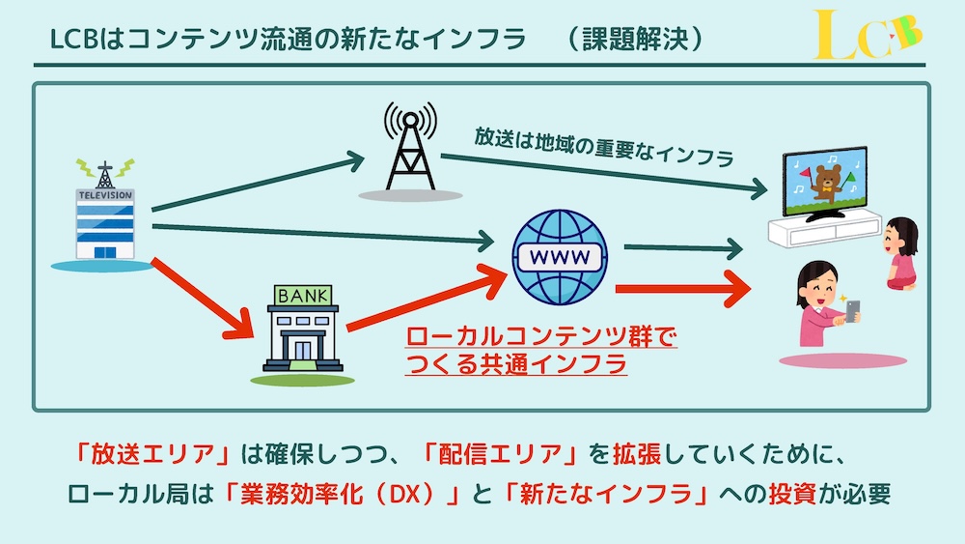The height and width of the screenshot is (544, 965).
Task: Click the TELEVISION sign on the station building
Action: [105, 194]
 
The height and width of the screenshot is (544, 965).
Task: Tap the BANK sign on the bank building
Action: [302, 294]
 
